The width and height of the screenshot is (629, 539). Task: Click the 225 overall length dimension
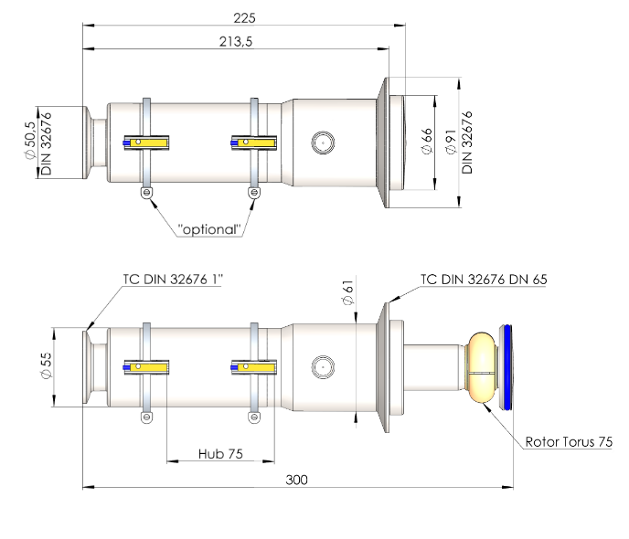(x=244, y=18)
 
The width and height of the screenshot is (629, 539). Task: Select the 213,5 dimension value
(x=236, y=42)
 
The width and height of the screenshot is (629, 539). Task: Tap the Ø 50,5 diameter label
(x=30, y=141)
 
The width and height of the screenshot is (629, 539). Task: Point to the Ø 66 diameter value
(x=427, y=141)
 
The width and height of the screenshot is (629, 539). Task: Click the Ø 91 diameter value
(x=451, y=142)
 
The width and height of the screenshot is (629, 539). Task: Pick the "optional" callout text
(x=209, y=229)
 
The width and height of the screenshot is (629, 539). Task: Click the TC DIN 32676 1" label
(x=173, y=279)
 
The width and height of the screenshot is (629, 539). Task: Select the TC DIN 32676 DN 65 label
(x=484, y=280)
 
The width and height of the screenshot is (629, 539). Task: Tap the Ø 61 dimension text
(x=348, y=292)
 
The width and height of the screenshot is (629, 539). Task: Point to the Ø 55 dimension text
(x=46, y=365)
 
